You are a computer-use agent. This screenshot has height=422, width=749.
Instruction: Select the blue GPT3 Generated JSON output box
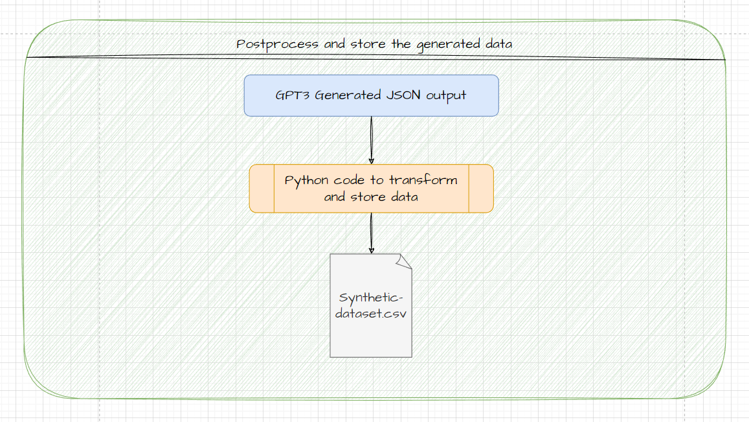(x=371, y=95)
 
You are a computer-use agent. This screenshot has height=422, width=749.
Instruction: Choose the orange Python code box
(x=371, y=188)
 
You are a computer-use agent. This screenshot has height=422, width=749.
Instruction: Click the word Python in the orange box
(x=306, y=180)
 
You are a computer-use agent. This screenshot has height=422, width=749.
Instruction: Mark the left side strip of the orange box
(x=262, y=188)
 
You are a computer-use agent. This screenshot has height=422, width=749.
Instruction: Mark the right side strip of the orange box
(x=480, y=188)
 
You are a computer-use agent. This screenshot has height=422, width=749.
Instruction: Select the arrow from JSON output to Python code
(x=371, y=140)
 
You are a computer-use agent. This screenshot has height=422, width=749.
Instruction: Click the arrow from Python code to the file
(x=371, y=233)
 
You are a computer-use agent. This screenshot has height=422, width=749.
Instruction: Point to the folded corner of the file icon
(x=405, y=261)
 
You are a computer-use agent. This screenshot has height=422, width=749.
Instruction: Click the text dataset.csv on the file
(x=371, y=314)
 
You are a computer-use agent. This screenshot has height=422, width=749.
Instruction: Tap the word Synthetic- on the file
(x=371, y=298)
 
